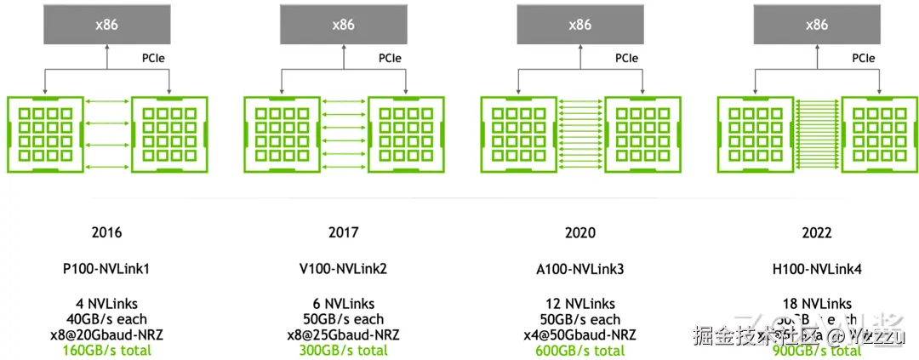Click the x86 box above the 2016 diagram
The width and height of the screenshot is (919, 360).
106,25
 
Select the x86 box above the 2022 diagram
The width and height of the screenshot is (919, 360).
816,25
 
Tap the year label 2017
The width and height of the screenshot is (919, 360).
343,232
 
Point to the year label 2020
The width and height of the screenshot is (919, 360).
579,232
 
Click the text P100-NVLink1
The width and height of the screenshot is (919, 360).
106,269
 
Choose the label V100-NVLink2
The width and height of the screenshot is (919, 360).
343,269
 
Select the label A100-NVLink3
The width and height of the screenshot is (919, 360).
579,269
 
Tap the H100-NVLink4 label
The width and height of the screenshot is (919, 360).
816,269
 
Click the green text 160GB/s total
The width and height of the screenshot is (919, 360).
106,350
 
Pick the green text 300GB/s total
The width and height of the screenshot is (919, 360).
343,350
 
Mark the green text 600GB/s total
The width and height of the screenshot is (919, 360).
579,350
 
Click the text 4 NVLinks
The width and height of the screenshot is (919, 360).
106,304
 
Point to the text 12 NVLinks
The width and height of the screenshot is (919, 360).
579,304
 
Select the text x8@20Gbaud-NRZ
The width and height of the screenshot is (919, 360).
106,334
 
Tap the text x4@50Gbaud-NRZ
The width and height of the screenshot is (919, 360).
579,334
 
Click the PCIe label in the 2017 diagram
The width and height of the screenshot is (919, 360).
391,59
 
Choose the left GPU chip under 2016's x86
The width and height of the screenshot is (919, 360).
44,134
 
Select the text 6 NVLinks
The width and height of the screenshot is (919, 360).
343,304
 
